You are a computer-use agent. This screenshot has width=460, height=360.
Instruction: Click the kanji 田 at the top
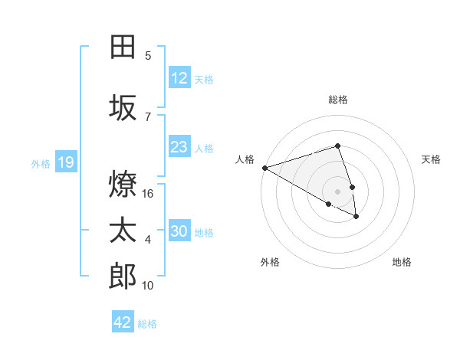[x=123, y=47]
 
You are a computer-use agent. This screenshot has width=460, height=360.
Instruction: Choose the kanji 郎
[x=123, y=277]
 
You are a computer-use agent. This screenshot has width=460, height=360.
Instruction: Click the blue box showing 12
[x=179, y=78]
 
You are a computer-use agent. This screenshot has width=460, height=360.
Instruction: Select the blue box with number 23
[x=179, y=147]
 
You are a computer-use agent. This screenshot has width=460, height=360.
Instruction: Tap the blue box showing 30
[x=179, y=231]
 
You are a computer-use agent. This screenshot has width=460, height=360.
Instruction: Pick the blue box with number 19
[x=65, y=162]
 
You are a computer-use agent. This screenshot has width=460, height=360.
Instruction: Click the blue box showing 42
[x=123, y=322]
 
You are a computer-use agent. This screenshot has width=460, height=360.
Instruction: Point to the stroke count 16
[x=149, y=194]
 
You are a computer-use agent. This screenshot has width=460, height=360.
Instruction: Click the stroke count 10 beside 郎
[x=149, y=286]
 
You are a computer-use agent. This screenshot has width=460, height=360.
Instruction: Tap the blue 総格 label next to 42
[x=147, y=324]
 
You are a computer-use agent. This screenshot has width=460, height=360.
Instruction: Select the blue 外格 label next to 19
[x=41, y=163]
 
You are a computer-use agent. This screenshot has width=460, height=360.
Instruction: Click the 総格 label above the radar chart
[x=337, y=100]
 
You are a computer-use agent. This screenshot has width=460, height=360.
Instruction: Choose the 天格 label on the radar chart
[x=432, y=159]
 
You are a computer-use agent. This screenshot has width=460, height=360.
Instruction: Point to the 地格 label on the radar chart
[x=402, y=262]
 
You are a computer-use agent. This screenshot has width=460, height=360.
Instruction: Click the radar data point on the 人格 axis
[x=264, y=167]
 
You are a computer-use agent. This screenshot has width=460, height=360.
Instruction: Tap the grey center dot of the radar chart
[x=337, y=191]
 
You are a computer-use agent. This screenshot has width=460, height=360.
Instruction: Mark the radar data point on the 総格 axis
[x=337, y=146]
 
